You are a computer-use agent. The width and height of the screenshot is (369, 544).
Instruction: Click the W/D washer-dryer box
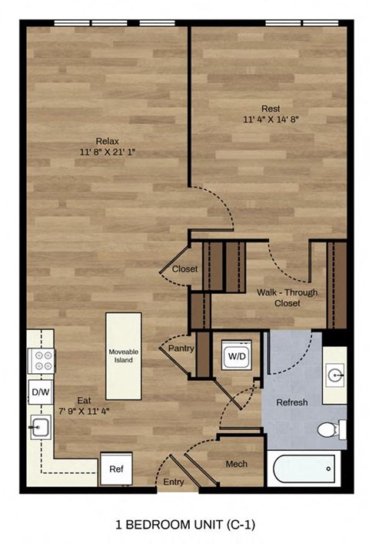tap(235, 356)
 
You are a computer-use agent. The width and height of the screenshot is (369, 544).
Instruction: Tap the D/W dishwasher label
tap(39, 392)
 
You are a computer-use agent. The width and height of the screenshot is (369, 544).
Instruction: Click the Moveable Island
tap(123, 356)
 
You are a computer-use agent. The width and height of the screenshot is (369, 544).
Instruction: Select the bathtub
tap(303, 467)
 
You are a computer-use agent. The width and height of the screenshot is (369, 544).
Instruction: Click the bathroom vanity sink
tap(336, 376)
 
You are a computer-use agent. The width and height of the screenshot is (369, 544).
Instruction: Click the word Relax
tap(108, 141)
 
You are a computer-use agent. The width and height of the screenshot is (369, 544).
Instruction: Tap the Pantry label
tap(181, 349)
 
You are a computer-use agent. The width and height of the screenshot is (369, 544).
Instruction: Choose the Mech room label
tap(236, 464)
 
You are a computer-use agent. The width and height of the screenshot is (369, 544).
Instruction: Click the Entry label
tap(175, 482)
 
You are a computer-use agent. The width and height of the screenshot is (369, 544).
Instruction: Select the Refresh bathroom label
tap(292, 402)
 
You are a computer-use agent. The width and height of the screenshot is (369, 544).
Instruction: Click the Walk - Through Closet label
tap(287, 298)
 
